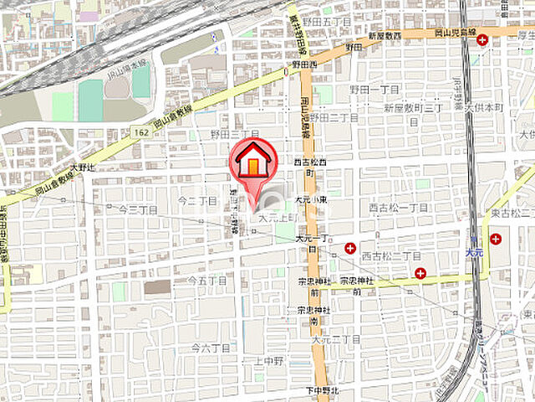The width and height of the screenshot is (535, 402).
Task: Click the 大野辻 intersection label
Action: [x=84, y=167]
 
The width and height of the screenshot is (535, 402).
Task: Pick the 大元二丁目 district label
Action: [x=335, y=339]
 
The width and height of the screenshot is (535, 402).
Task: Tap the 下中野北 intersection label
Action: [x=322, y=390]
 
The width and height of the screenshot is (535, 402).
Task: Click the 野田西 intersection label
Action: [x=304, y=64]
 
